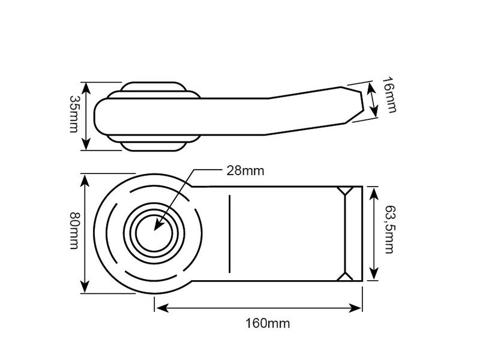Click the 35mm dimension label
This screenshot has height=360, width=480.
click(74, 114)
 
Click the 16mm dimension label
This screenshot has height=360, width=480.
click(389, 95)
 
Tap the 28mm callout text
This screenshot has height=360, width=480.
click(245, 171)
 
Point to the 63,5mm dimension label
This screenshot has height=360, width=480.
click(389, 229)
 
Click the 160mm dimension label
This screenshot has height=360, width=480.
click(268, 323)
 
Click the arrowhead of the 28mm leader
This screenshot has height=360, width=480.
click(158, 224)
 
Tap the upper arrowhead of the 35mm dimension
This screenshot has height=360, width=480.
click(86, 88)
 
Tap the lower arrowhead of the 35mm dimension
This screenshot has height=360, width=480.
click(86, 143)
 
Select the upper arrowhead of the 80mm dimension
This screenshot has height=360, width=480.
click(85, 181)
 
